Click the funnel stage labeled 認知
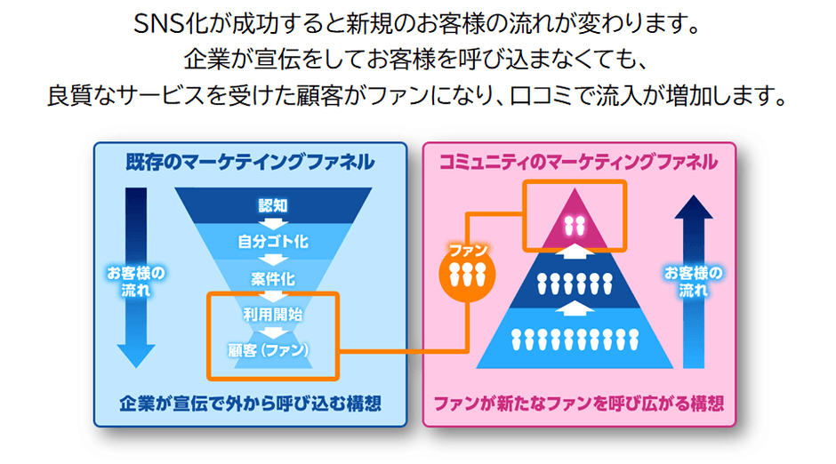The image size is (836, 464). (272, 205)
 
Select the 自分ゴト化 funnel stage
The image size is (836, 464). (272, 240)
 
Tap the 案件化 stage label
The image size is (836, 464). (272, 279)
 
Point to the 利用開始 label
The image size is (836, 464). (272, 313)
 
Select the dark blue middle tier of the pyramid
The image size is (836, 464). (575, 283)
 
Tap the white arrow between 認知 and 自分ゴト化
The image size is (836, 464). (272, 222)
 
